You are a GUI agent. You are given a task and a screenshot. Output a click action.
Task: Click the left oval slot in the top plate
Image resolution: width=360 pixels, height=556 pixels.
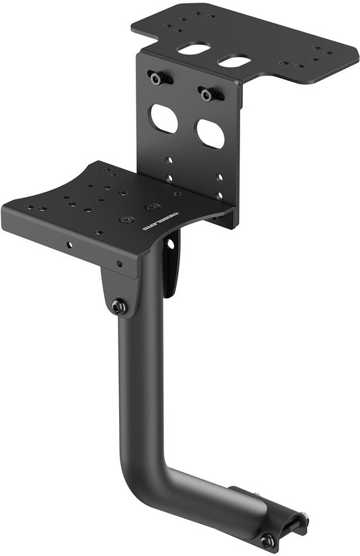193,48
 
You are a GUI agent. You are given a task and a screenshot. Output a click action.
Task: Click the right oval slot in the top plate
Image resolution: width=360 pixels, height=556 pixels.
234,61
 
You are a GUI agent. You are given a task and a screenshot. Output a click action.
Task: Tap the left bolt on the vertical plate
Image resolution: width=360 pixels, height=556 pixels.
157,79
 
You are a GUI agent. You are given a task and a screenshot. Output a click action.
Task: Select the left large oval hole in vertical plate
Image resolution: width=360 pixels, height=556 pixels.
163,118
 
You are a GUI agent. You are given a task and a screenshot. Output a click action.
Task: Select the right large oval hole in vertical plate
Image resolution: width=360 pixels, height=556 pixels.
210,134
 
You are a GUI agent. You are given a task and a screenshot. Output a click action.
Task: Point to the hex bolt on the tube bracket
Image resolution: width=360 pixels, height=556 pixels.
119,306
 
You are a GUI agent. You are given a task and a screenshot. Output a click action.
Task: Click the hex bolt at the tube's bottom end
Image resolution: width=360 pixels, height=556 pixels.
267,541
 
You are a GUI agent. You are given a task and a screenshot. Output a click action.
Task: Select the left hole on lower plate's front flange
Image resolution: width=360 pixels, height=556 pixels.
67,244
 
